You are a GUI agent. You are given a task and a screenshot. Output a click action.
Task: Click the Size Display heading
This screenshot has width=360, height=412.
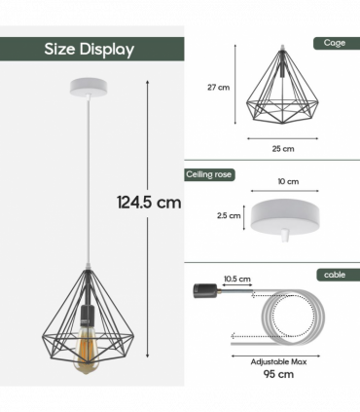(90, 51)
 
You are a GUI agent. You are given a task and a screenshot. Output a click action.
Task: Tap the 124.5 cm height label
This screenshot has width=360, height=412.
(149, 203)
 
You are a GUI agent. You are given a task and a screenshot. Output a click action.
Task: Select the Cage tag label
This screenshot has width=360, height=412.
(334, 43)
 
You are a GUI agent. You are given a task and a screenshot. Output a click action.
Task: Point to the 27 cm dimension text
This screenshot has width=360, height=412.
(218, 87)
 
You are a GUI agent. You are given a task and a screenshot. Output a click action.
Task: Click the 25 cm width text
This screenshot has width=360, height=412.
(282, 148)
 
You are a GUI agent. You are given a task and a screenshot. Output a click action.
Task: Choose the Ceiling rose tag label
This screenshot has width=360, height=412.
(210, 174)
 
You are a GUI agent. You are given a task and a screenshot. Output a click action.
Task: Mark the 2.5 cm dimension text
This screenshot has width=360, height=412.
(228, 215)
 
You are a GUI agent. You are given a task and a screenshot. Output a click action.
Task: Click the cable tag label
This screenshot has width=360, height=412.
(334, 275)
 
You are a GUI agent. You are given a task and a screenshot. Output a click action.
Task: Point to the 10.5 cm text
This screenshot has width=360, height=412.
(237, 280)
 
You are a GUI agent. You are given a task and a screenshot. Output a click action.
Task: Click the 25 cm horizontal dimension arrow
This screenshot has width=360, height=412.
(282, 136)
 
